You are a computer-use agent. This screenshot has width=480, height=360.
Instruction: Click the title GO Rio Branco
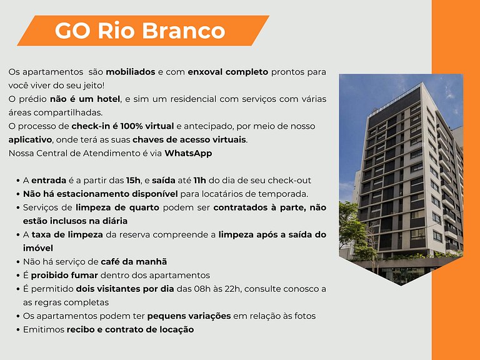(x=139, y=30)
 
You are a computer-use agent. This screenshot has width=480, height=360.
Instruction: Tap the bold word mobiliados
(x=130, y=72)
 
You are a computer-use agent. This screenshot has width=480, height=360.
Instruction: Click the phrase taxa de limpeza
(x=62, y=234)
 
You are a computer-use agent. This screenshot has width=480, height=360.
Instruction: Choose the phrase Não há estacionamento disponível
(x=100, y=194)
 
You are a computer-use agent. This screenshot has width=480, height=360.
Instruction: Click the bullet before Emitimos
(x=16, y=329)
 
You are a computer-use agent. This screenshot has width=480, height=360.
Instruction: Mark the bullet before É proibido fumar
(x=16, y=275)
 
